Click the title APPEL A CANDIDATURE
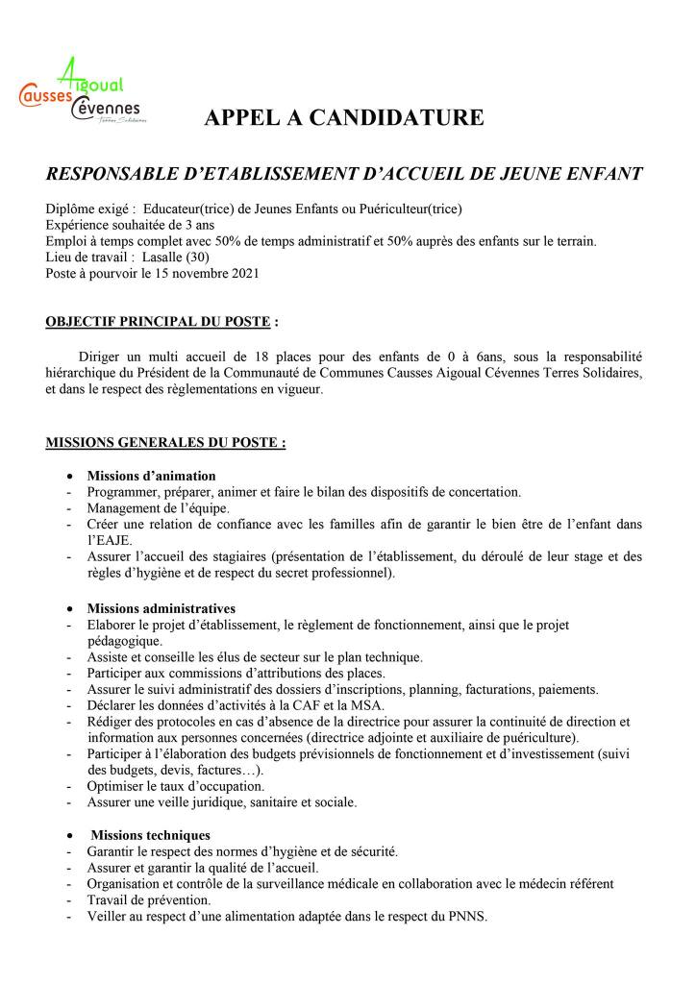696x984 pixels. [344, 119]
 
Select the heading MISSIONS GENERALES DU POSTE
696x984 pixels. [164, 443]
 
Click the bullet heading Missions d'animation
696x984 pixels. [151, 476]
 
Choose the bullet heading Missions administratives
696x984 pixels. [161, 608]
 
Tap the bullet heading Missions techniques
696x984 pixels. [150, 835]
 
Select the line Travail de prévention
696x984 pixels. [148, 900]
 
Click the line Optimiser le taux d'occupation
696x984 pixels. [176, 786]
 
